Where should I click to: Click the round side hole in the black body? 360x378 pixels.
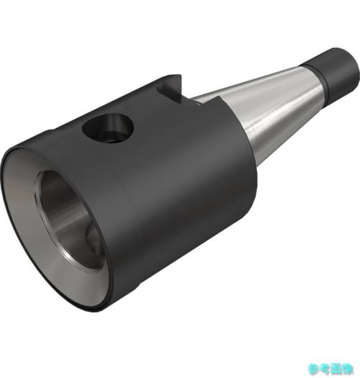(x=108, y=128)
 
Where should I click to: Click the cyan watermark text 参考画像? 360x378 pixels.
(x=330, y=369)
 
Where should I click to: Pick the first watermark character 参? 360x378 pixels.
(x=313, y=369)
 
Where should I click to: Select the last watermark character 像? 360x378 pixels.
(x=348, y=369)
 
